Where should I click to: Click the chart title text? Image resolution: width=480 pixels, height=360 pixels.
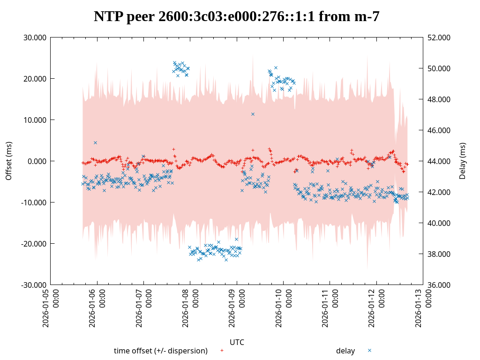pyautogui.click(x=236, y=17)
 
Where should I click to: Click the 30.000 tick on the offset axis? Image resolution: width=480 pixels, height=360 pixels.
pyautogui.click(x=35, y=37)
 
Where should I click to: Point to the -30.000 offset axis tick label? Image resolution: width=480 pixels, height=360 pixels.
pyautogui.click(x=34, y=285)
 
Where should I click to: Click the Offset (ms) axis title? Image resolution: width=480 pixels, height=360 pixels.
pyautogui.click(x=8, y=161)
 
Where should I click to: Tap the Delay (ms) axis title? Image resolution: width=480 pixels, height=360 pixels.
pyautogui.click(x=463, y=161)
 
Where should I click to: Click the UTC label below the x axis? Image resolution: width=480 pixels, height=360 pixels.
pyautogui.click(x=237, y=342)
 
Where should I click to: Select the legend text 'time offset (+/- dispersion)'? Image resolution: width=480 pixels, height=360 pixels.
pyautogui.click(x=161, y=351)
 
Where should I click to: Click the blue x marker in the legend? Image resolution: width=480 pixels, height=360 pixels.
pyautogui.click(x=369, y=350)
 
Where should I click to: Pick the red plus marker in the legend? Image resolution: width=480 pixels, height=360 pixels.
pyautogui.click(x=222, y=350)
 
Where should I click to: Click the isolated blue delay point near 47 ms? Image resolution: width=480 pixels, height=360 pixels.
pyautogui.click(x=253, y=114)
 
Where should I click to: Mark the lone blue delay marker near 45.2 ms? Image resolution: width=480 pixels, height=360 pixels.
pyautogui.click(x=95, y=142)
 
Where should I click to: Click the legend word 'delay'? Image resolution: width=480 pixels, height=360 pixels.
pyautogui.click(x=345, y=351)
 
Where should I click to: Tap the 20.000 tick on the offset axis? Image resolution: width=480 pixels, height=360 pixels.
pyautogui.click(x=35, y=79)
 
